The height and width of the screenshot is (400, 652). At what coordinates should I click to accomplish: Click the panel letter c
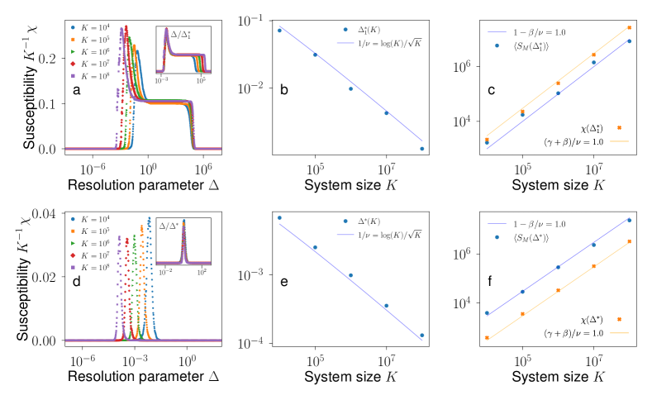coord(491,89)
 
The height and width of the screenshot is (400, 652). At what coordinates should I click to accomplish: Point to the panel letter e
coord(283,283)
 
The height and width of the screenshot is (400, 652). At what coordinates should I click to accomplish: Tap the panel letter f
coord(490,282)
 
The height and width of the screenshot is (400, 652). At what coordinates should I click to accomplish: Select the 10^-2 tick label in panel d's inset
coord(166,271)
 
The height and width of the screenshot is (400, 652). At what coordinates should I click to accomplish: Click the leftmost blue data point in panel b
coord(279,30)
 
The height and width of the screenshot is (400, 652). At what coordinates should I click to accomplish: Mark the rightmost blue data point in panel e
coord(422,336)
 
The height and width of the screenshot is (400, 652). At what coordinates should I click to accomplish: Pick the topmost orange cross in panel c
coord(630,27)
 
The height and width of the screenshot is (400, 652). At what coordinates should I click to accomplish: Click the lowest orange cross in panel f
coord(487,338)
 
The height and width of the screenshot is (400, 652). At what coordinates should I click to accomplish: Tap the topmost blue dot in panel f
coord(630,220)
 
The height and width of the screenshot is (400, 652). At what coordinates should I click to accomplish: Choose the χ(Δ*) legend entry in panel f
coord(592,319)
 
